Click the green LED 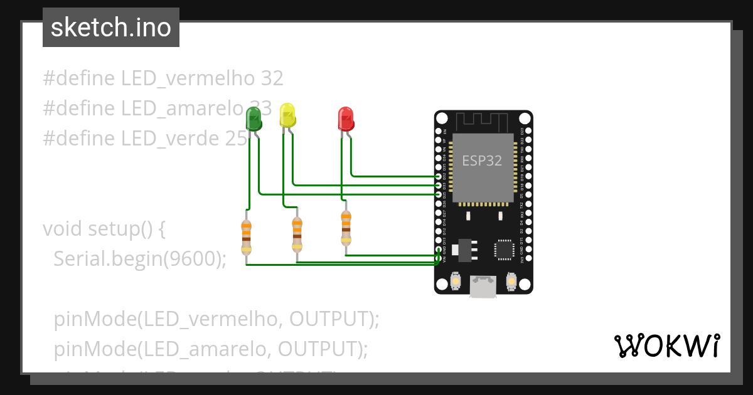point(254,118)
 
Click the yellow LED point(287,115)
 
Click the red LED point(346,118)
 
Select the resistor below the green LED point(246,238)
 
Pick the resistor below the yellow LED point(297,234)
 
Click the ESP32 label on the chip point(482,161)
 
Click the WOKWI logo point(666,345)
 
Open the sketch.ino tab point(111,28)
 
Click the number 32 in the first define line point(272,78)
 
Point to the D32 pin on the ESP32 point(439,177)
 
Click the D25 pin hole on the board point(439,195)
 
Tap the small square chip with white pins point(504,249)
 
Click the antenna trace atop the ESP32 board point(483,120)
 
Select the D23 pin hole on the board point(528,131)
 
